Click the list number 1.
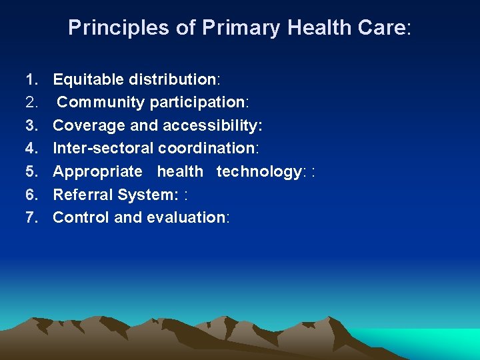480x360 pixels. click(31, 80)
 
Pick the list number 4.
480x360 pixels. click(31, 149)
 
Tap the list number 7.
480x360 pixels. click(31, 217)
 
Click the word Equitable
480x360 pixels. click(88, 80)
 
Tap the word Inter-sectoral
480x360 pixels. click(103, 149)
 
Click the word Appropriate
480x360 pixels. click(97, 171)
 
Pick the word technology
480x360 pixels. click(259, 171)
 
